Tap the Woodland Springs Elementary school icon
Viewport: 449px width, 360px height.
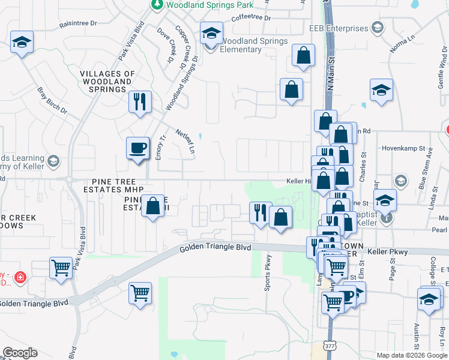211,35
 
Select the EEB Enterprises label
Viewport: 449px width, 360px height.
338,28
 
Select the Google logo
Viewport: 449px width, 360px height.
20,353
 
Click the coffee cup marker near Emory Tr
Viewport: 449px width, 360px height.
138,147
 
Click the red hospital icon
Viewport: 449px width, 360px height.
20,277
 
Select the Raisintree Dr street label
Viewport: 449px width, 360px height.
78,24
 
